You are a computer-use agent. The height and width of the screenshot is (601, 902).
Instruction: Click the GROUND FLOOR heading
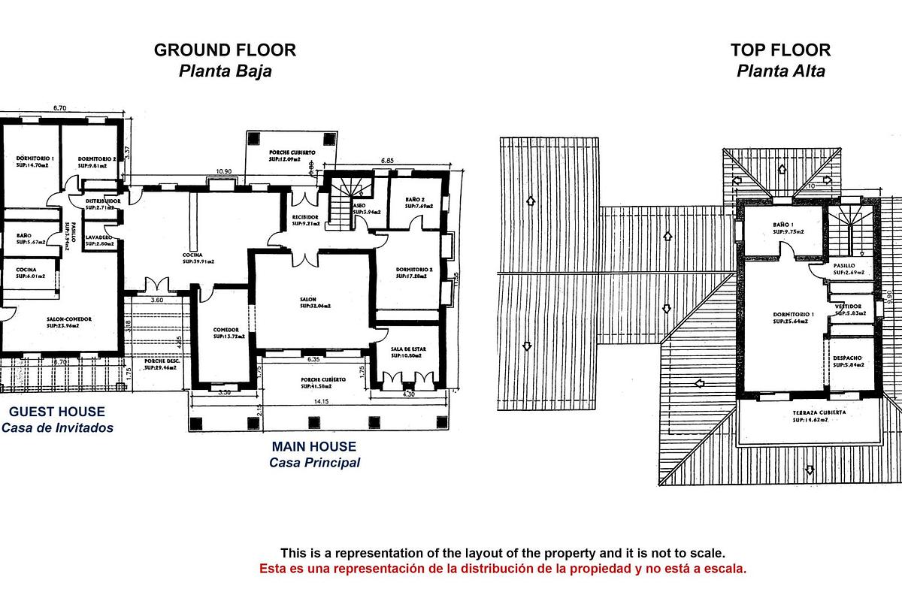(x=225, y=50)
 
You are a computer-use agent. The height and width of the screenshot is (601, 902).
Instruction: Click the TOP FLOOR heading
(x=780, y=50)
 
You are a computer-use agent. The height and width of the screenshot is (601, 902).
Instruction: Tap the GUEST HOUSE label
(x=57, y=412)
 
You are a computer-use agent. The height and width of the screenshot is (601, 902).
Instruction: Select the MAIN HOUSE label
(x=314, y=446)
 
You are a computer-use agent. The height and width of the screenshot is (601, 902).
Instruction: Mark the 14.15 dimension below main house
(x=322, y=402)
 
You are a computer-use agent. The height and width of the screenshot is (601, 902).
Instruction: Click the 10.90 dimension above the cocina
(x=223, y=172)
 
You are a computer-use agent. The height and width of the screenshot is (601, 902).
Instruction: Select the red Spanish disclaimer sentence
(x=503, y=569)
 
